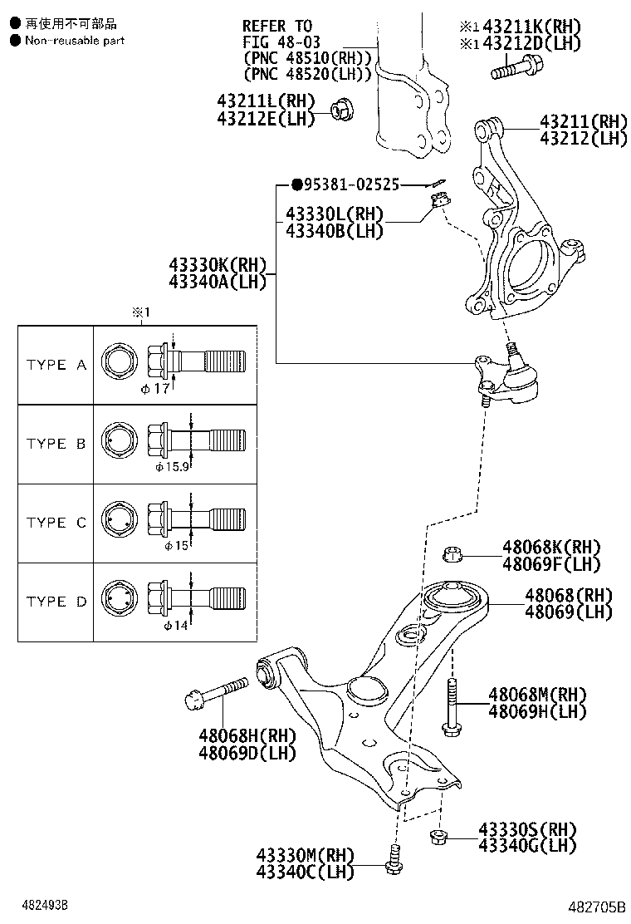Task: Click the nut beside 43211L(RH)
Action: (x=341, y=109)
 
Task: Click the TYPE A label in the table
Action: (x=56, y=365)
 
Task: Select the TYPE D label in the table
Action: (x=56, y=602)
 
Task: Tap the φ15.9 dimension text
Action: (x=172, y=467)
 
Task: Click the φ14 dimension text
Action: (x=177, y=625)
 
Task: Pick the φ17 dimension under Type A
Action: (x=155, y=388)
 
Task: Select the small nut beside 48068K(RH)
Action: (x=453, y=554)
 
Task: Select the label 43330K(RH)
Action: (x=218, y=265)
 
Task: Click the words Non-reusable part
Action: (x=75, y=40)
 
